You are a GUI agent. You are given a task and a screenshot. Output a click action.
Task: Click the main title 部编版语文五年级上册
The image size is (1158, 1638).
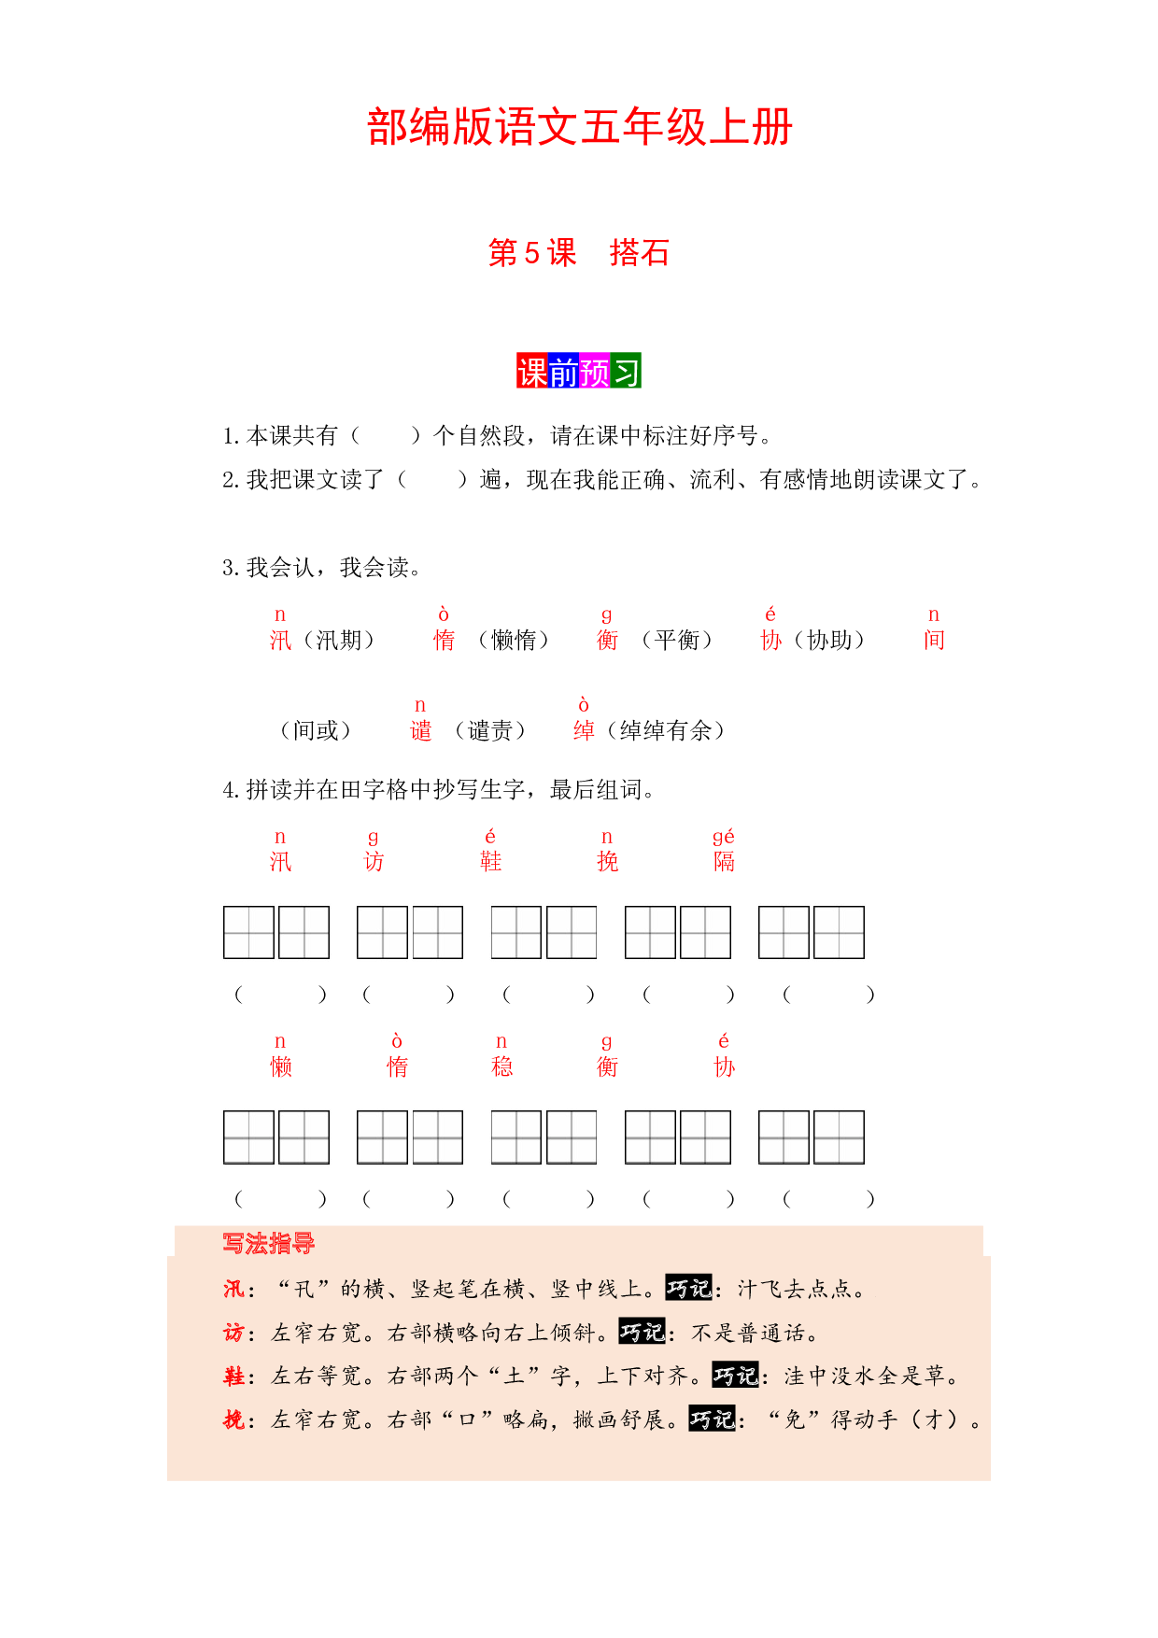pyautogui.click(x=579, y=127)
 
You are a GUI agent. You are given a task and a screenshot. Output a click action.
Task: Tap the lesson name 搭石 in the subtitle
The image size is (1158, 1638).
pyautogui.click(x=640, y=253)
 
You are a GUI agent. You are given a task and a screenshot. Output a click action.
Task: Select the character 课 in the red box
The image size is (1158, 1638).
pyautogui.click(x=532, y=371)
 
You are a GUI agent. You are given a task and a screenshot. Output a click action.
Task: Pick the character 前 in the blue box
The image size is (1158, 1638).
pyautogui.click(x=563, y=371)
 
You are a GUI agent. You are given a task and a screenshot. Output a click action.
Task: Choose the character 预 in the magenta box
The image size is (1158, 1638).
pyautogui.click(x=595, y=371)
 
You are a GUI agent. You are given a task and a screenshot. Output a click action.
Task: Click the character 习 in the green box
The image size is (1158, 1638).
pyautogui.click(x=626, y=371)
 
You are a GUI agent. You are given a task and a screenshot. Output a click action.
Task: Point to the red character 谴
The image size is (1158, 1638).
pyautogui.click(x=421, y=730)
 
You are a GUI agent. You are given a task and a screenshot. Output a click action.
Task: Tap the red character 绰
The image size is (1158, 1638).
pyautogui.click(x=585, y=730)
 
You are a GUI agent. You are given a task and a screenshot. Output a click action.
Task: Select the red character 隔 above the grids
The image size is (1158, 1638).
pyautogui.click(x=725, y=861)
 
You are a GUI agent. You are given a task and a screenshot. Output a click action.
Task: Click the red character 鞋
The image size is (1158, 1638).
pyautogui.click(x=491, y=861)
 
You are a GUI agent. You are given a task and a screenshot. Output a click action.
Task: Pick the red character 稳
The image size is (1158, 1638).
pyautogui.click(x=502, y=1066)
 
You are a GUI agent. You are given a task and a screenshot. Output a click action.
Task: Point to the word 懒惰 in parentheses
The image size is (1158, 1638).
pyautogui.click(x=514, y=640)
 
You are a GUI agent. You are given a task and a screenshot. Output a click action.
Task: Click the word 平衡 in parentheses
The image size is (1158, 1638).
pyautogui.click(x=677, y=640)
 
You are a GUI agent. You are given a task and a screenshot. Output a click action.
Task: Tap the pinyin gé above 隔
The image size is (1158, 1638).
pyautogui.click(x=724, y=837)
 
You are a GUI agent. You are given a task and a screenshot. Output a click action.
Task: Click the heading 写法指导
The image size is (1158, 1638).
pyautogui.click(x=269, y=1244)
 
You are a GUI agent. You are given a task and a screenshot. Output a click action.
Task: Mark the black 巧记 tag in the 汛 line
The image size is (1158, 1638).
pyautogui.click(x=689, y=1289)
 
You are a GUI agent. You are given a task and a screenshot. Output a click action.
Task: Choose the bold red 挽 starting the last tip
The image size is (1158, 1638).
pyautogui.click(x=233, y=1420)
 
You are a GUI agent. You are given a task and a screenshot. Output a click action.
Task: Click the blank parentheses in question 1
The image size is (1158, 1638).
pyautogui.click(x=386, y=435)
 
